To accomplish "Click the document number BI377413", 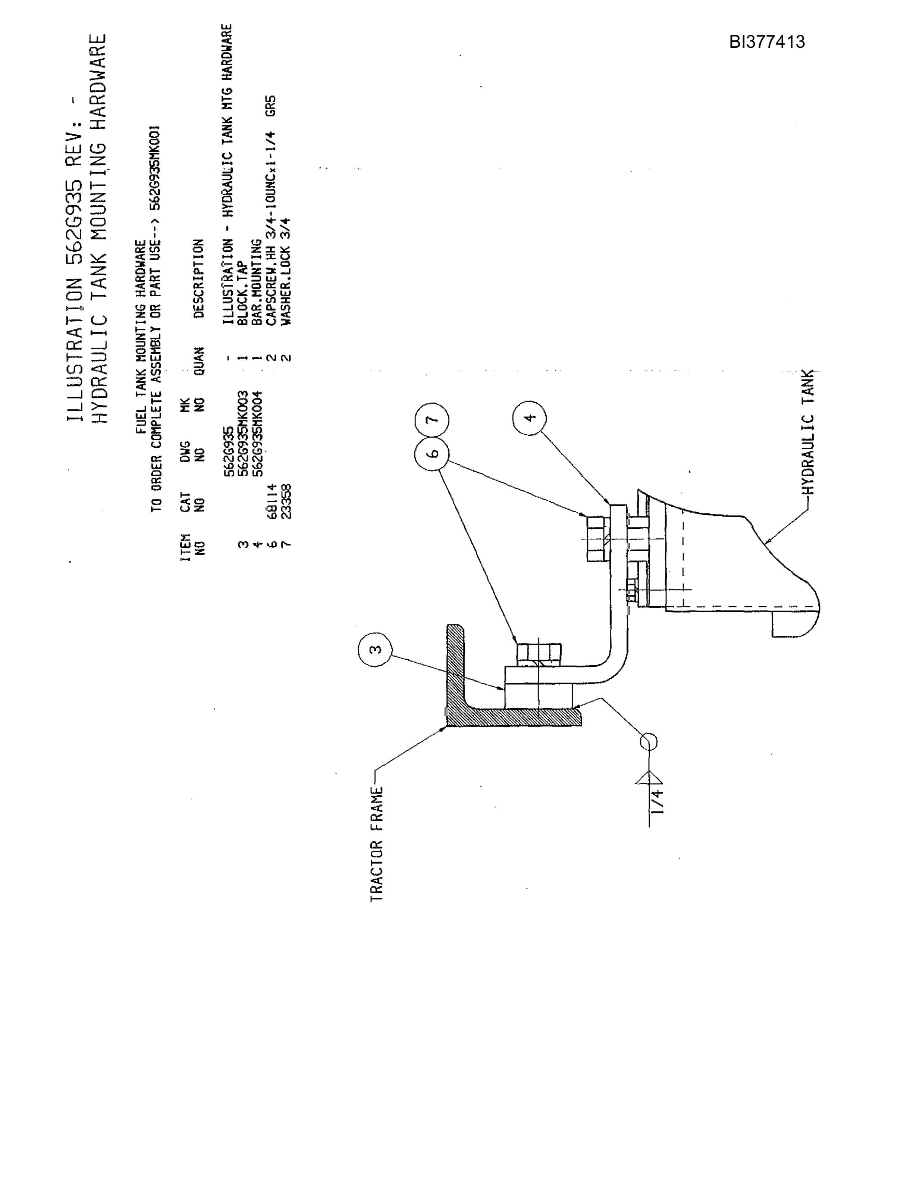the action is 766,42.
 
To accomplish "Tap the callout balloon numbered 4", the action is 529,417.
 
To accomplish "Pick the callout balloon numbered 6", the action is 432,454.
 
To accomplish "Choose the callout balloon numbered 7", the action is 432,419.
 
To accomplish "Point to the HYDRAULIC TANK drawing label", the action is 808,432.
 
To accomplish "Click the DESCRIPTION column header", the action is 198,278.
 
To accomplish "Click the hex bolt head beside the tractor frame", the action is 539,653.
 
